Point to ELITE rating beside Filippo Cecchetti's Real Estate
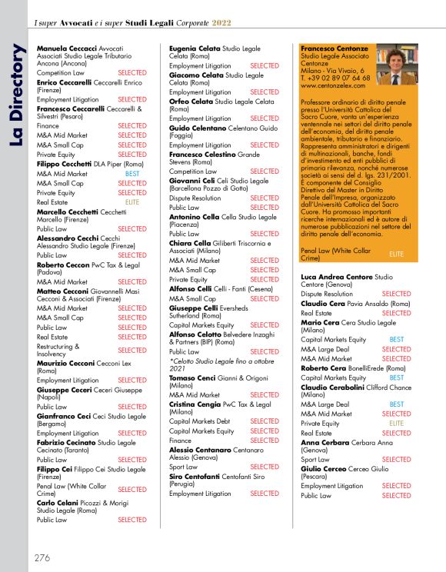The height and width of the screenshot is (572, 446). click(132, 201)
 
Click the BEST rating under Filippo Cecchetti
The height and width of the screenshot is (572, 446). click(132, 174)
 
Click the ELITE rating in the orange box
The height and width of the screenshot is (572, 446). click(397, 252)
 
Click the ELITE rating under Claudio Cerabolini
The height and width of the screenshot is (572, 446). click(397, 423)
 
